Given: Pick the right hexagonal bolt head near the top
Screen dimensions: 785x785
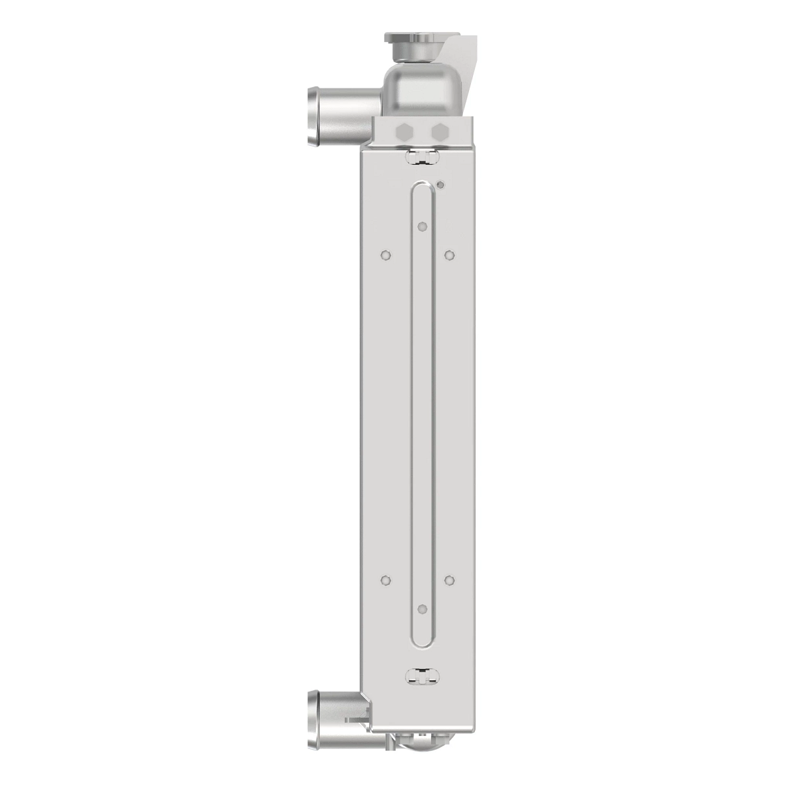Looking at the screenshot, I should (440, 131).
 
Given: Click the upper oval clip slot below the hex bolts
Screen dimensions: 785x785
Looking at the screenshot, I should (421, 156).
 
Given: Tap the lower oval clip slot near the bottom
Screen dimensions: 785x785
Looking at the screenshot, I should (421, 677).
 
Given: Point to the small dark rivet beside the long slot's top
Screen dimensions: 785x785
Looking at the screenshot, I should (440, 185).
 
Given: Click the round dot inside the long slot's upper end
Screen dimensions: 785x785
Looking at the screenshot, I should (422, 227).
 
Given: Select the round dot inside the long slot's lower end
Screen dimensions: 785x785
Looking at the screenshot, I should (422, 609).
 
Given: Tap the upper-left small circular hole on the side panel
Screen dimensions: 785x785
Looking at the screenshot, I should (385, 254).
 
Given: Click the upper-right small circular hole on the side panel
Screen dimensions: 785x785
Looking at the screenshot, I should (449, 254).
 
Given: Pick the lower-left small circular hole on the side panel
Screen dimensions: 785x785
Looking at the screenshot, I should (385, 580).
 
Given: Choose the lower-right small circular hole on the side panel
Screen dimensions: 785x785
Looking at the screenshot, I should (449, 580).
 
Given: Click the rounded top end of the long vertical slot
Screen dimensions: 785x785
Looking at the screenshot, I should (422, 190).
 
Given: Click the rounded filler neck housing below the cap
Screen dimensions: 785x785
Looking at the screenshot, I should (423, 88).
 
